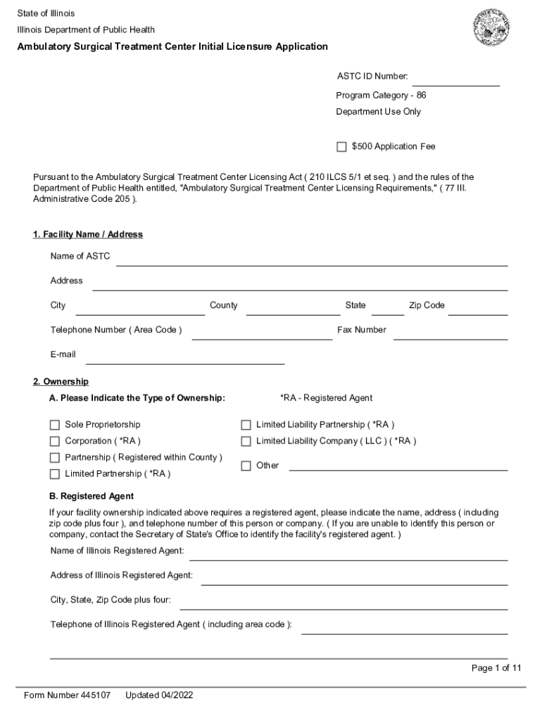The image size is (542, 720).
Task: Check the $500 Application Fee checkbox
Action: (341, 147)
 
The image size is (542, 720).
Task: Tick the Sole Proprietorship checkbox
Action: (54, 425)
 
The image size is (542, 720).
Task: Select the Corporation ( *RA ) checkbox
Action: (54, 442)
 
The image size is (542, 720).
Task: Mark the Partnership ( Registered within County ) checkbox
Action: (54, 458)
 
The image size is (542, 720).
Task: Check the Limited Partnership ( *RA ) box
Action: (54, 474)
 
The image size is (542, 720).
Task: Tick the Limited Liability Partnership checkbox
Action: (246, 425)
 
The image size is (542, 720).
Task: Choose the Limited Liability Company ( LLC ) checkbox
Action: (246, 442)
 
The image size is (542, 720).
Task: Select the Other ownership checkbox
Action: (246, 465)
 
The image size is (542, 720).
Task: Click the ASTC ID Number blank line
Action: (455, 79)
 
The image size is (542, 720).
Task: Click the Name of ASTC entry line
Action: (311, 260)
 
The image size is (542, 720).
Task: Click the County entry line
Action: (292, 309)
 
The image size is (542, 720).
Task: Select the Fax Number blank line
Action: (450, 334)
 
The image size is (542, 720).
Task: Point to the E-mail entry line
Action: (184, 359)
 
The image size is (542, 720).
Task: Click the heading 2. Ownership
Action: (61, 382)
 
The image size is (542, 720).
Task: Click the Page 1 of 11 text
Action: (496, 668)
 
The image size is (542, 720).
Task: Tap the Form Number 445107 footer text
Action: (67, 695)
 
